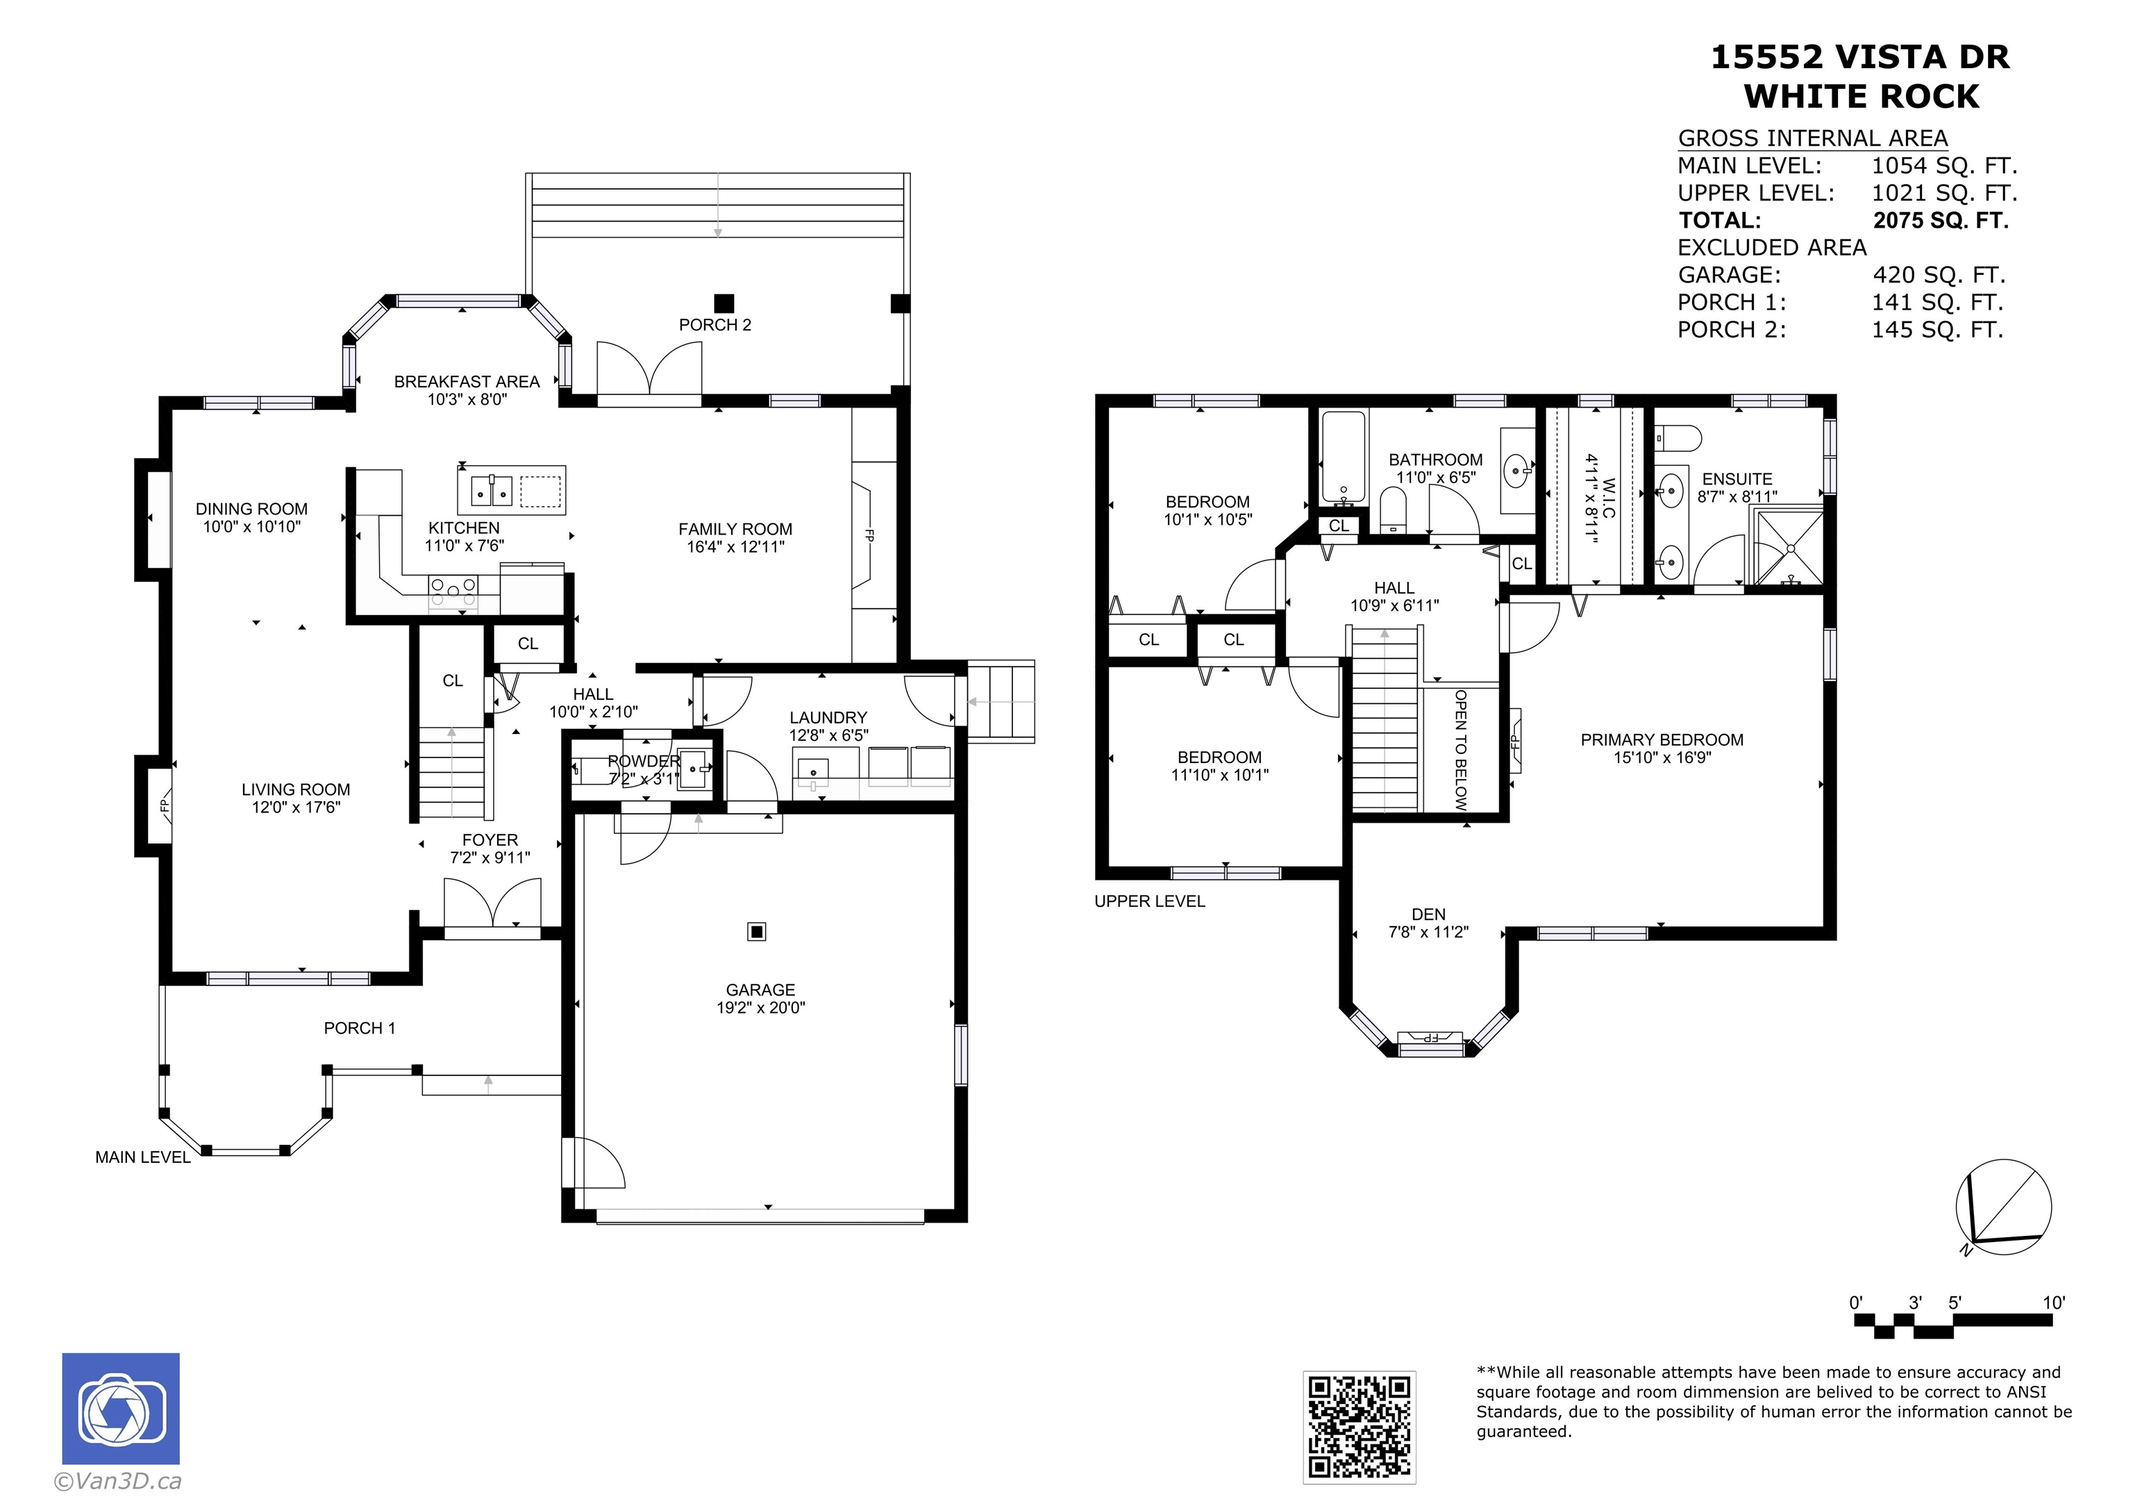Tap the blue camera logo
point(121,1409)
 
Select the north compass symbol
point(2003,1207)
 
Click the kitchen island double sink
point(492,489)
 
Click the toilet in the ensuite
point(1678,437)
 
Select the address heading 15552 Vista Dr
point(1860,57)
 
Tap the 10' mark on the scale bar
point(2054,1302)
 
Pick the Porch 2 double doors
point(649,370)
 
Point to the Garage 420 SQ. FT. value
point(1939,275)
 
